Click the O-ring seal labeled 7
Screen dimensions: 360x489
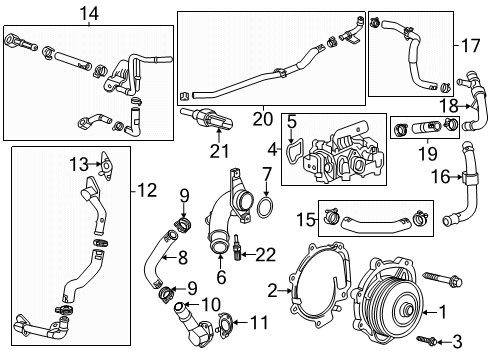pyautogui.click(x=268, y=208)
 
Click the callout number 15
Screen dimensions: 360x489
pyautogui.click(x=306, y=218)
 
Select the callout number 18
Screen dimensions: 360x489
pyautogui.click(x=449, y=104)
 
